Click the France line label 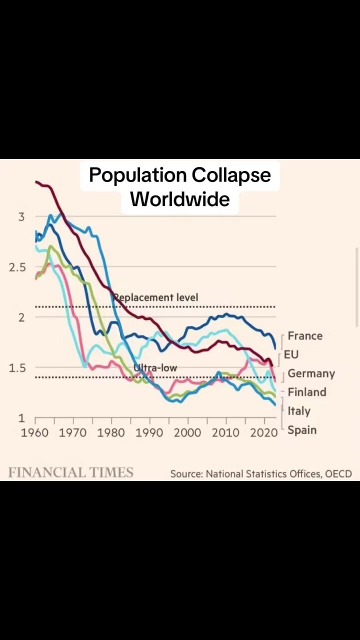pyautogui.click(x=305, y=336)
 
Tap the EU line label pyautogui.click(x=291, y=354)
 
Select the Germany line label pyautogui.click(x=311, y=373)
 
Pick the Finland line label pyautogui.click(x=306, y=392)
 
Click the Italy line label pyautogui.click(x=298, y=411)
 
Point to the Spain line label pyautogui.click(x=302, y=430)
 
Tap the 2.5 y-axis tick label pyautogui.click(x=17, y=267)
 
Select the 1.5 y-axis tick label pyautogui.click(x=17, y=367)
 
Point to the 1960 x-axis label pyautogui.click(x=35, y=432)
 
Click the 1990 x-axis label pyautogui.click(x=149, y=432)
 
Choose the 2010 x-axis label pyautogui.click(x=225, y=432)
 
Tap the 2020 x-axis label pyautogui.click(x=263, y=432)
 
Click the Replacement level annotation pyautogui.click(x=156, y=297)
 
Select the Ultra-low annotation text pyautogui.click(x=155, y=368)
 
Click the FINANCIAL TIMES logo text pyautogui.click(x=70, y=472)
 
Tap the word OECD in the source pyautogui.click(x=338, y=473)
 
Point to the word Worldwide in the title pyautogui.click(x=180, y=199)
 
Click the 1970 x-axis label pyautogui.click(x=73, y=432)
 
